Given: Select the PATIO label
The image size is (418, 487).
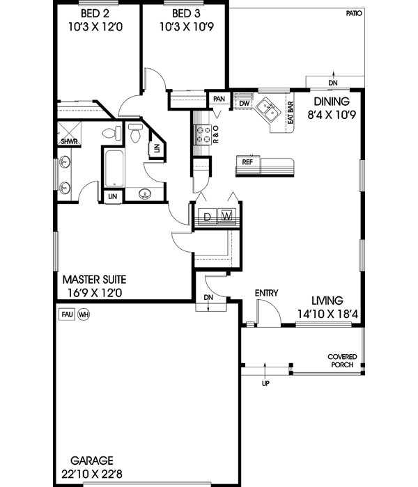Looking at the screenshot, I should click(354, 13).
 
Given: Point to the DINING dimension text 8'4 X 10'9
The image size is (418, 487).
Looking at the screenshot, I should click(332, 115).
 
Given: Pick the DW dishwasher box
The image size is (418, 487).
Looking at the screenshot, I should click(244, 104).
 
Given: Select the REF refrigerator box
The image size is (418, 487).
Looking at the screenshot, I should click(247, 161).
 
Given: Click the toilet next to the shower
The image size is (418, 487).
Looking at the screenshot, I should click(109, 133).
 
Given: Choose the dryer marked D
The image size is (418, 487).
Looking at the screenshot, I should click(207, 216).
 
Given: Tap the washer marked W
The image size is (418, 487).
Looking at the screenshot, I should click(227, 216).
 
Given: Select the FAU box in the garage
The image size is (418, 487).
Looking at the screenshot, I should click(67, 314).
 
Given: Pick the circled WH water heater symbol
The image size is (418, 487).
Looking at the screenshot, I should click(84, 314).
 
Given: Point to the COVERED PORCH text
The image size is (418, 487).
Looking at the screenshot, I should click(341, 360).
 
